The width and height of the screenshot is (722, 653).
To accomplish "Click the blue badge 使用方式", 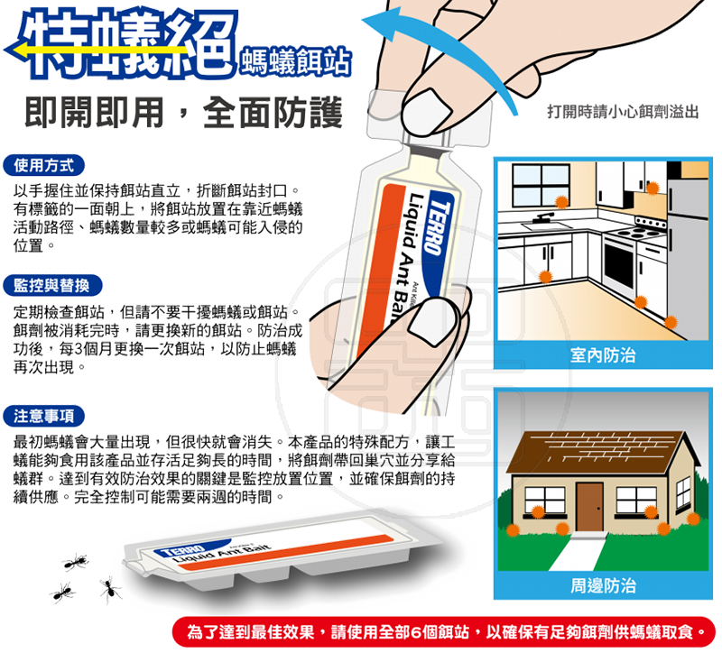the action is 43,166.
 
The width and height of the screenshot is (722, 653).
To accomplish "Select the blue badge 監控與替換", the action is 52,286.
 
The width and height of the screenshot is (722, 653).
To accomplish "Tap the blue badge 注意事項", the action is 44,416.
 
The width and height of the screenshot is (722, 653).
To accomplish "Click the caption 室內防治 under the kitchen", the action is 602,355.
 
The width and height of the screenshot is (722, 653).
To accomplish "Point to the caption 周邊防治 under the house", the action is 603,585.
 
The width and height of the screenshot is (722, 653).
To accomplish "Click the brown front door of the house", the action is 589,507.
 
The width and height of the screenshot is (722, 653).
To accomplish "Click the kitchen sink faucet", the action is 546,217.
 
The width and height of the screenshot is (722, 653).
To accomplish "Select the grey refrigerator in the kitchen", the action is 689,258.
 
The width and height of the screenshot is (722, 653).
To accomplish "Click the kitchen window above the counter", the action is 541,185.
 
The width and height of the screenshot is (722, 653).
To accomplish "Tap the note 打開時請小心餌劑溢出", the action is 623,111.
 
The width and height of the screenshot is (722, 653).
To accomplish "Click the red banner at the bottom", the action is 443,632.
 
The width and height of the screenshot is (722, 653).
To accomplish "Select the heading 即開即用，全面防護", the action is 183,112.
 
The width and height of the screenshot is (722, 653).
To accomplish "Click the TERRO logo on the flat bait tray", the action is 182,550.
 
